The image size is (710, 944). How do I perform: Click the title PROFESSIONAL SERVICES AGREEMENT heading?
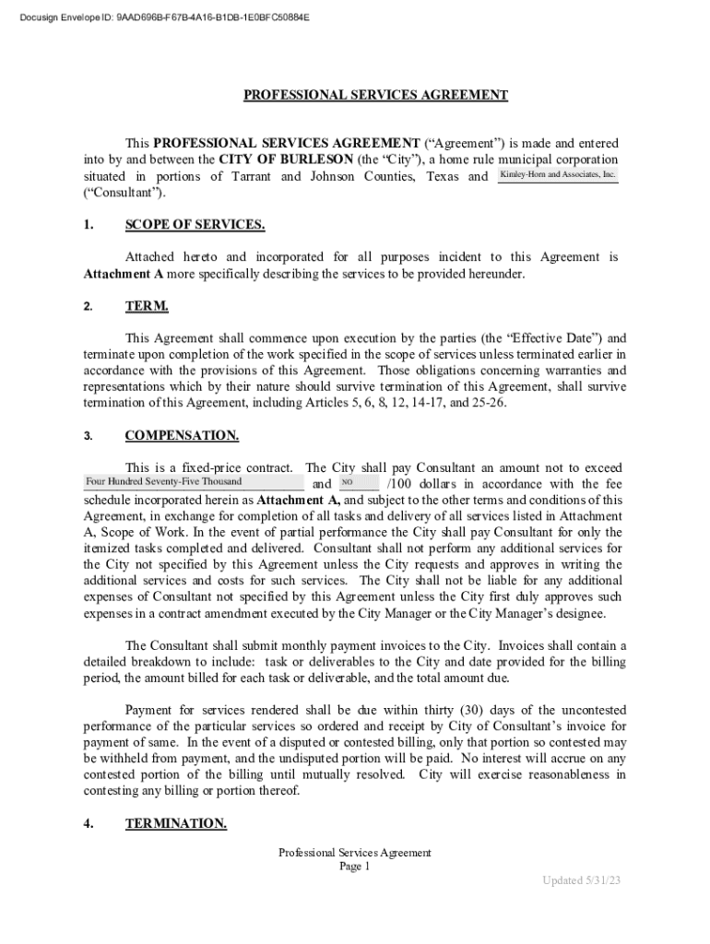pyautogui.click(x=375, y=95)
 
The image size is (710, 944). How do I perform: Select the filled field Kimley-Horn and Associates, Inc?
pyautogui.click(x=557, y=175)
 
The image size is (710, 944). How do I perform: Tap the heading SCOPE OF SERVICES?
pyautogui.click(x=195, y=226)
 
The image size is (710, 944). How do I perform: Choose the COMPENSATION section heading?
pyautogui.click(x=182, y=436)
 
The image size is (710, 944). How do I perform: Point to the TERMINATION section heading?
pyautogui.click(x=175, y=823)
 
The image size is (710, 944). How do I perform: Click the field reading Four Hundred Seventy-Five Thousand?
pyautogui.click(x=193, y=482)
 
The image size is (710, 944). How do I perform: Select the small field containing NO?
pyautogui.click(x=359, y=482)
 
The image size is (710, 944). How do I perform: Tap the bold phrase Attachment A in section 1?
pyautogui.click(x=120, y=275)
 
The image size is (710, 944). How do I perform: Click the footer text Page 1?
pyautogui.click(x=354, y=867)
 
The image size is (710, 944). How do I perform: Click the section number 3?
pyautogui.click(x=88, y=437)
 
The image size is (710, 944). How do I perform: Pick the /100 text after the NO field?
pyautogui.click(x=402, y=484)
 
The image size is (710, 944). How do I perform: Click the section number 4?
pyautogui.click(x=88, y=824)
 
